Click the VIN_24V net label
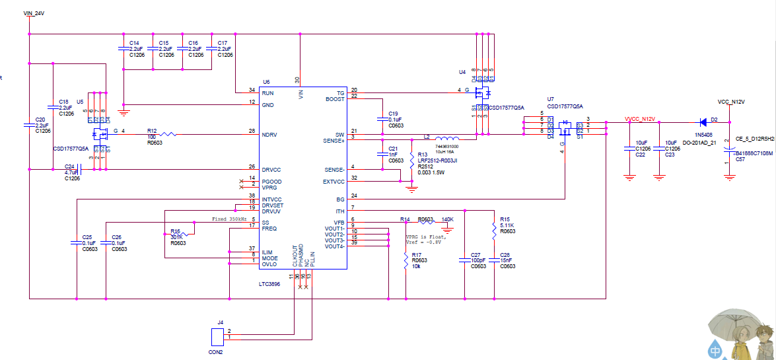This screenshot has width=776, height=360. (x=34, y=13)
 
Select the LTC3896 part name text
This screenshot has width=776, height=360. (x=269, y=285)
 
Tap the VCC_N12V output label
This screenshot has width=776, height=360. (x=730, y=102)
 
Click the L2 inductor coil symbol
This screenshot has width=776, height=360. (x=446, y=130)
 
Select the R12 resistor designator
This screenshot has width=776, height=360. (x=152, y=131)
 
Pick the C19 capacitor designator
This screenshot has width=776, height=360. (x=393, y=114)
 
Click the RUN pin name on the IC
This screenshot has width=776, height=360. (x=267, y=93)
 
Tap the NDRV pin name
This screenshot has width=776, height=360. (x=269, y=134)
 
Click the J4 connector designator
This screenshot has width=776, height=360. (x=220, y=322)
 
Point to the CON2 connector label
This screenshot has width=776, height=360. (x=215, y=352)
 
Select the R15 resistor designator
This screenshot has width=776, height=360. (x=505, y=219)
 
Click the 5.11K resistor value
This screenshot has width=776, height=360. (x=507, y=225)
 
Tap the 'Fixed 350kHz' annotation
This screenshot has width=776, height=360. (x=229, y=219)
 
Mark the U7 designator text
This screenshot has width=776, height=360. (x=551, y=100)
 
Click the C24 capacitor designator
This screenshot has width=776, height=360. (x=69, y=166)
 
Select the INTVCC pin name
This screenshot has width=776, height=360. (x=271, y=199)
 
